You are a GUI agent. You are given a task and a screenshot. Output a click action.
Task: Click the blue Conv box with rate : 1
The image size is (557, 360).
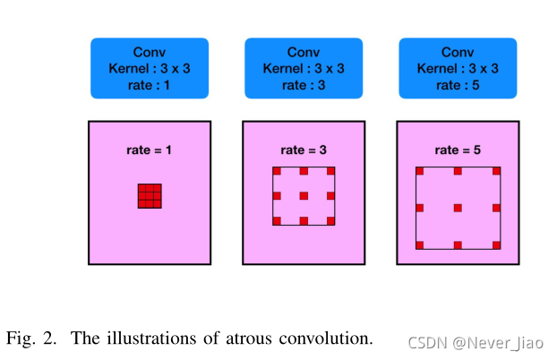[x=149, y=67]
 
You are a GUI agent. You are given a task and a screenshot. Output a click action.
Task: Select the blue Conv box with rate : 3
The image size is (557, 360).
[x=304, y=67]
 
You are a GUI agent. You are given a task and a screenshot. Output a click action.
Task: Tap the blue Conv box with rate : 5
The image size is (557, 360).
[x=458, y=67]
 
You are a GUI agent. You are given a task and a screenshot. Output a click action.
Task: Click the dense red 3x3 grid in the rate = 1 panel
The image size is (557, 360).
[x=150, y=195]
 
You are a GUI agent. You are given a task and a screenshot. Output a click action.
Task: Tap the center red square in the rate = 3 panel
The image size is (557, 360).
[x=304, y=195]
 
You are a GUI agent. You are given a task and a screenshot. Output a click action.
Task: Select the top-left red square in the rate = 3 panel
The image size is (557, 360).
[x=278, y=171]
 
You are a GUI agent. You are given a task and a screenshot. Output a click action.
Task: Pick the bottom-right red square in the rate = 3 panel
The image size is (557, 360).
[x=330, y=220]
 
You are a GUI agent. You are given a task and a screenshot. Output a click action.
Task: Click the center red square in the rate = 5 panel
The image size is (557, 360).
[x=458, y=208]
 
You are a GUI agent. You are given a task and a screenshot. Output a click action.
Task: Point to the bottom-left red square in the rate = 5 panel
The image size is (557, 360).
[x=420, y=244]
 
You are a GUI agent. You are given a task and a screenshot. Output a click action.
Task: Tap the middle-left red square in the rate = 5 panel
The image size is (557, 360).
[x=420, y=208]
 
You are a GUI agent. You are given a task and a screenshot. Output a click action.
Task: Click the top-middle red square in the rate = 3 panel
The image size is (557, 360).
[x=304, y=171]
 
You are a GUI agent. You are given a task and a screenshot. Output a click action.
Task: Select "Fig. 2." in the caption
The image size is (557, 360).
[x=30, y=339]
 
